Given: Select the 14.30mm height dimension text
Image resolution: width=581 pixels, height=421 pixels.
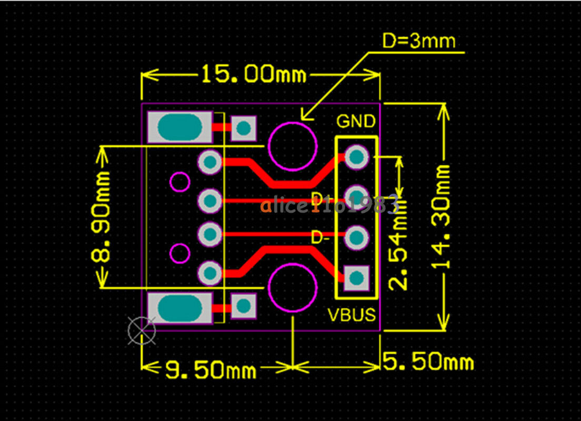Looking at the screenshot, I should coord(442,216).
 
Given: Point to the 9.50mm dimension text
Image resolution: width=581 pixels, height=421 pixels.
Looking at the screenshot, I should coord(211,370).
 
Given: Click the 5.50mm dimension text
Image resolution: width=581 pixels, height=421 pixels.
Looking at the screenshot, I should coord(428,362).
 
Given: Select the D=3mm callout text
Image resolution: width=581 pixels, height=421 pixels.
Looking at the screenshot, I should coord(419,41).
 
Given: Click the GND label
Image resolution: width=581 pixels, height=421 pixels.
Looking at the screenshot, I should coord(356,122).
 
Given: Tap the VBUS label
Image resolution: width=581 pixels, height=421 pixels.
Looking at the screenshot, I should coord(352,315).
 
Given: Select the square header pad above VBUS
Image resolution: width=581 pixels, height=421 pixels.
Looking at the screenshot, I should coord(356,277).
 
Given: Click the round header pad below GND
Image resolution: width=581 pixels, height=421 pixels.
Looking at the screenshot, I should coord(356,156).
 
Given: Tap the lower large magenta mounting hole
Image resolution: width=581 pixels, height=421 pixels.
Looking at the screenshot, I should coord(293,287).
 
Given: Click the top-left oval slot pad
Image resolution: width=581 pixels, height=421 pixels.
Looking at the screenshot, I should coord(180,127).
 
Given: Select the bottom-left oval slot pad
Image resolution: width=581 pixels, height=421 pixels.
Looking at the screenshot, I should coord(180,307).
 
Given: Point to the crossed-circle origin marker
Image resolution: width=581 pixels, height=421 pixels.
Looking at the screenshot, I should coord(142,330).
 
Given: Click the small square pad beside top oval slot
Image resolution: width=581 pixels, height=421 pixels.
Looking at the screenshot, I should coord(244,128).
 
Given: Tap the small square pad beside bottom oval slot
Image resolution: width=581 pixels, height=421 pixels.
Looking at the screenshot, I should coord(244,306).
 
